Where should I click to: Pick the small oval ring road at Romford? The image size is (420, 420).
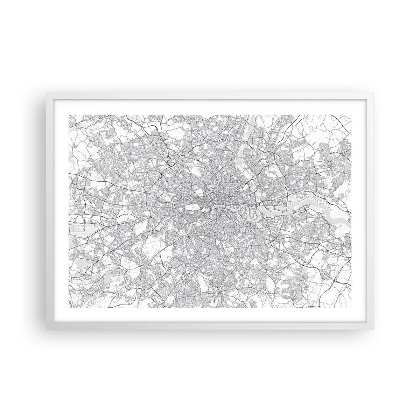tap(331, 164)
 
